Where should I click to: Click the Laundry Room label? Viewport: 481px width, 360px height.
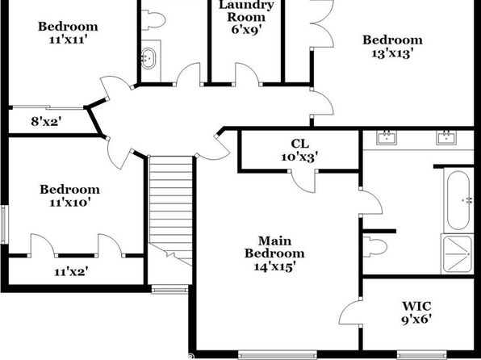pyautogui.click(x=246, y=11)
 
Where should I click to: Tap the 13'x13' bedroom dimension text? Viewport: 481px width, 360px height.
pyautogui.click(x=392, y=54)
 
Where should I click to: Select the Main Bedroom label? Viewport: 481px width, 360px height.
pyautogui.click(x=274, y=247)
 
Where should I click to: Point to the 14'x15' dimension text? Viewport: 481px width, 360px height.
pyautogui.click(x=274, y=266)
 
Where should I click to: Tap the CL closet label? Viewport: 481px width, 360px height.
pyautogui.click(x=299, y=144)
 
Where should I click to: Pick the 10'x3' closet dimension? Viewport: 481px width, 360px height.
pyautogui.click(x=299, y=157)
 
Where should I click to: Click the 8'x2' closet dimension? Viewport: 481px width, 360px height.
pyautogui.click(x=47, y=122)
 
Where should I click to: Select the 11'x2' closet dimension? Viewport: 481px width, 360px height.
pyautogui.click(x=71, y=271)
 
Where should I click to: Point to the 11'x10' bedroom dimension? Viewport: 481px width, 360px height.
pyautogui.click(x=70, y=203)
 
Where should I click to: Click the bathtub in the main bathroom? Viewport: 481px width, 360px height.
pyautogui.click(x=458, y=200)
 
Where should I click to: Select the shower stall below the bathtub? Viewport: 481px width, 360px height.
pyautogui.click(x=457, y=253)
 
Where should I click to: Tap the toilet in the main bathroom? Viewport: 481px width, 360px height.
pyautogui.click(x=374, y=246)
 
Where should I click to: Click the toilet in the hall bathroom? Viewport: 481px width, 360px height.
pyautogui.click(x=153, y=20)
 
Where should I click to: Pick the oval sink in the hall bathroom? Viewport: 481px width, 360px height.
pyautogui.click(x=148, y=58)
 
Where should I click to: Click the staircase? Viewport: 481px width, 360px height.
pyautogui.click(x=170, y=210)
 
